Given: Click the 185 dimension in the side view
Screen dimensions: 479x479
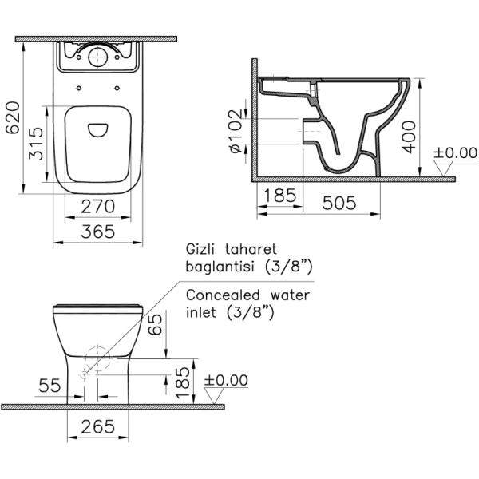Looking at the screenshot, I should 280,196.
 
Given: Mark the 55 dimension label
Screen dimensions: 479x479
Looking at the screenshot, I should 50,386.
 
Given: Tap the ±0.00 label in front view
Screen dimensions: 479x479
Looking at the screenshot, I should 227,380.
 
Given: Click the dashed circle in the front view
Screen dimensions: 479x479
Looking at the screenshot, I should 97,358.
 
